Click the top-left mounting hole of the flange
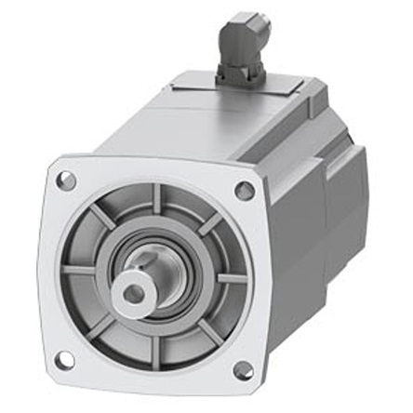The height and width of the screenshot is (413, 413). (65, 181)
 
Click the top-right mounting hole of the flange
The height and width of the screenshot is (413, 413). (244, 191)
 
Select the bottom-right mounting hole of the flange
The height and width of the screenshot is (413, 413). (242, 370)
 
